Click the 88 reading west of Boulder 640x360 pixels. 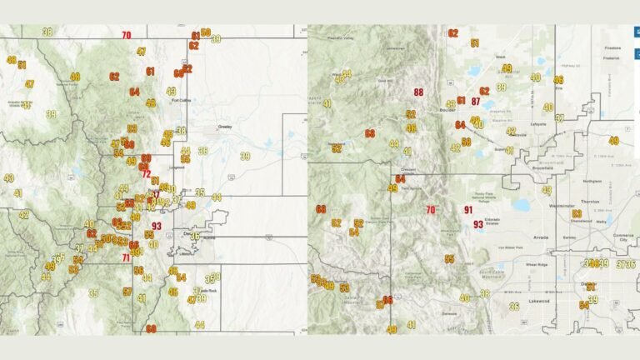pyautogui.click(x=418, y=92)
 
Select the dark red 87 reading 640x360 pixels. pyautogui.click(x=476, y=102)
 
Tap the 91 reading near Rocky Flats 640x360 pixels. pyautogui.click(x=468, y=210)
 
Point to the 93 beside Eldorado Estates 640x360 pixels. pyautogui.click(x=477, y=224)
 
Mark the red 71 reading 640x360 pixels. pyautogui.click(x=126, y=257)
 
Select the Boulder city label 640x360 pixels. pyautogui.click(x=447, y=108)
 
